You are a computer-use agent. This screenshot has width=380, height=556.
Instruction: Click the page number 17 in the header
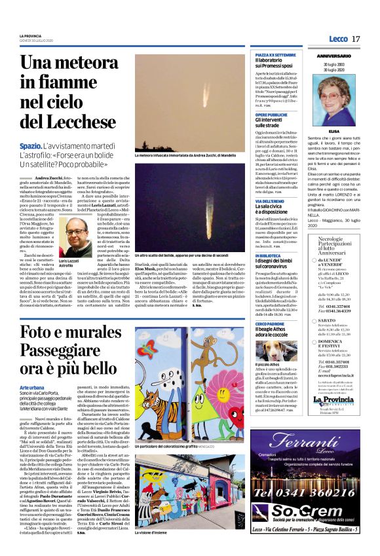click(x=356, y=39)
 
